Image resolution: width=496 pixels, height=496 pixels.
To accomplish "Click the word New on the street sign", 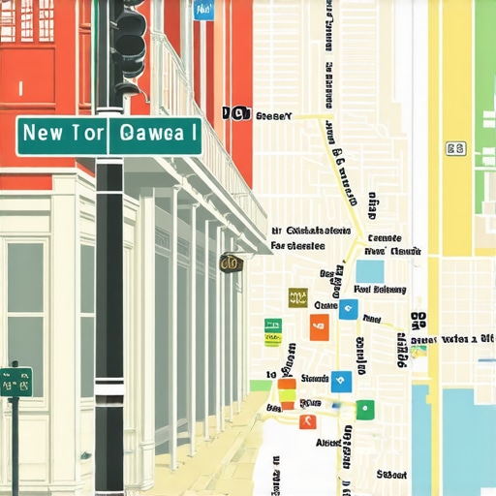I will [43, 134].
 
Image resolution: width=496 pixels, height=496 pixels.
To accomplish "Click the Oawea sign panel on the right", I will [155, 135].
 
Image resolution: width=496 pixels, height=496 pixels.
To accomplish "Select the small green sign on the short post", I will [15, 381].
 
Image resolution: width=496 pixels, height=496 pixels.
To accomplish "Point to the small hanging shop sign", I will [231, 263].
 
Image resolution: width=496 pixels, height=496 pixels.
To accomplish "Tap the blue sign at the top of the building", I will [202, 10].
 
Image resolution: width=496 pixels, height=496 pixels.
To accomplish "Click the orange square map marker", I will [319, 327].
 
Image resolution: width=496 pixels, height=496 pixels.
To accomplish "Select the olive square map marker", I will [297, 297].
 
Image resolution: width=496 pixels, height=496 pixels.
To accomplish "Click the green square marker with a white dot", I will [364, 409].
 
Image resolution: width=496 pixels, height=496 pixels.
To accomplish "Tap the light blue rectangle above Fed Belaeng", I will [369, 270].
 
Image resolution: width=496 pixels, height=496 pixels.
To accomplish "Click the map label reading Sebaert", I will [390, 475].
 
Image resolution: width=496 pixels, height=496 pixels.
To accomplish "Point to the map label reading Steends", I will [315, 379].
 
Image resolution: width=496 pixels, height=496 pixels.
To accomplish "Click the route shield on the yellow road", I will [454, 148].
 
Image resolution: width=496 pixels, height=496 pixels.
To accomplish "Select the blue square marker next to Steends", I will [341, 381].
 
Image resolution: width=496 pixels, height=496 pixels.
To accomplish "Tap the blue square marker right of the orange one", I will [348, 310].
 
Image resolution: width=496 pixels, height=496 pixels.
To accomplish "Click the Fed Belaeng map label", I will [381, 289].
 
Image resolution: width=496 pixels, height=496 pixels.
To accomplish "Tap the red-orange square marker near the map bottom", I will [307, 421].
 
